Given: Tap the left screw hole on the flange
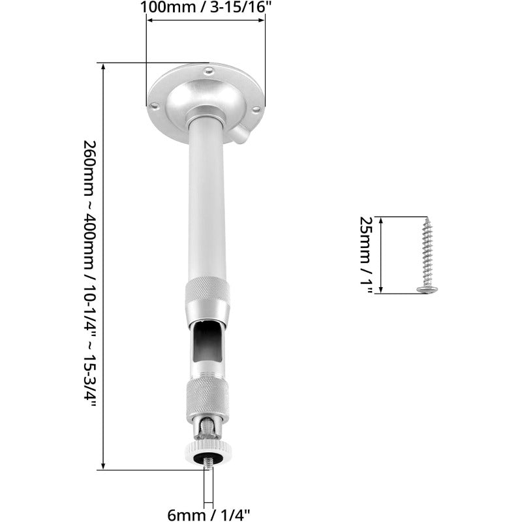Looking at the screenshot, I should (x=154, y=104).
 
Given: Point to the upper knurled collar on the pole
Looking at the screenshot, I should (x=207, y=290).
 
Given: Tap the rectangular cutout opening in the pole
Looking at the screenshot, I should (x=207, y=343).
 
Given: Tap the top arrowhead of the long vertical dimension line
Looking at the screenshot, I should (x=103, y=66).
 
